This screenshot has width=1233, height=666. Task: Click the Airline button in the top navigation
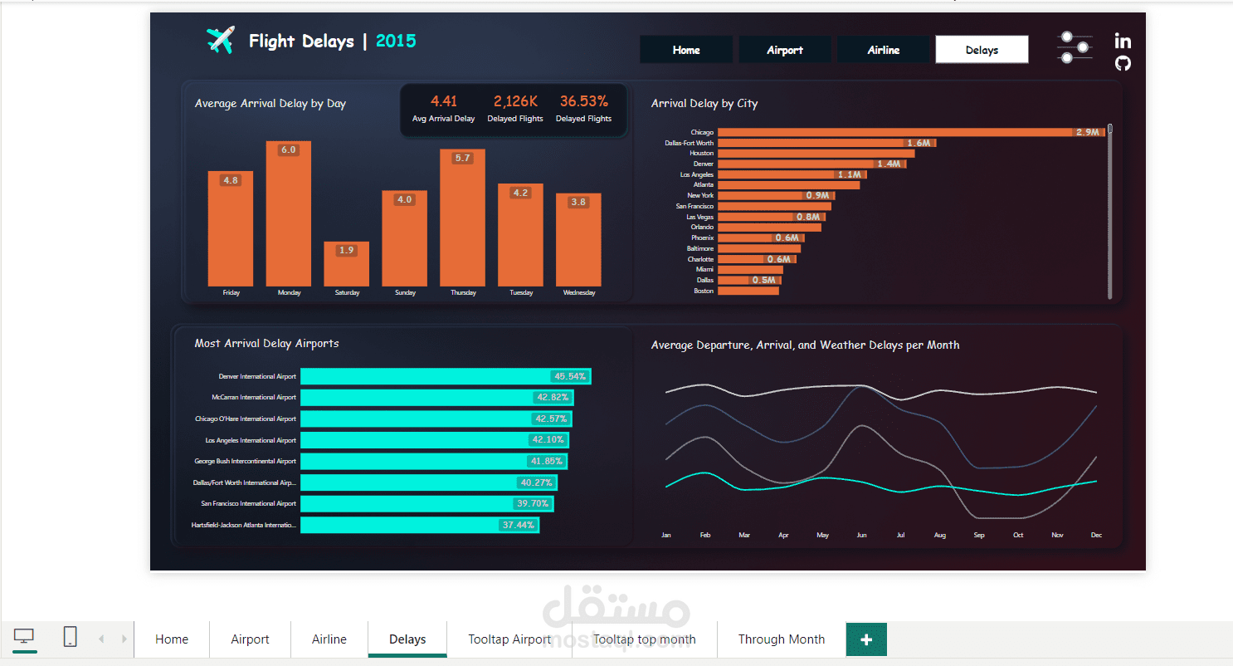(x=883, y=50)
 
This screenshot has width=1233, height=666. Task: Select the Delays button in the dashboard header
(x=982, y=50)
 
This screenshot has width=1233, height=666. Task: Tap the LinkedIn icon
(x=1123, y=41)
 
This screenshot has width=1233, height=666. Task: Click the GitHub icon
(x=1123, y=63)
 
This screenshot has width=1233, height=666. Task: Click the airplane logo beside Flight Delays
(x=220, y=40)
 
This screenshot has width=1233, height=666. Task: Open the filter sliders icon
(x=1075, y=47)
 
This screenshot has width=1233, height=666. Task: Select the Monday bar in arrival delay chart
(x=289, y=216)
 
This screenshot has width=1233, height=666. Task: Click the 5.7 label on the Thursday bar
(x=462, y=158)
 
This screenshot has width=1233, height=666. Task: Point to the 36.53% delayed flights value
(x=583, y=101)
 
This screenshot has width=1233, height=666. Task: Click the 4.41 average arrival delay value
(x=444, y=101)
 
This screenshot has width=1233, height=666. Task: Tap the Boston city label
(x=703, y=291)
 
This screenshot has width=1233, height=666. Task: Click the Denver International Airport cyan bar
(x=445, y=376)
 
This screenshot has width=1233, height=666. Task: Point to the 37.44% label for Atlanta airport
(x=519, y=525)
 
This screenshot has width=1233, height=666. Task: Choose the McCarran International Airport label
(x=253, y=398)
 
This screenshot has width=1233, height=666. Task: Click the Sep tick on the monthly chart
(x=979, y=536)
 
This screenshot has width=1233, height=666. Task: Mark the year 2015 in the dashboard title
(x=396, y=41)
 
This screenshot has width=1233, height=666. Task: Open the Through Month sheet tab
(x=781, y=639)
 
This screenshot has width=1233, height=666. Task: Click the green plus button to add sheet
(x=866, y=639)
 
